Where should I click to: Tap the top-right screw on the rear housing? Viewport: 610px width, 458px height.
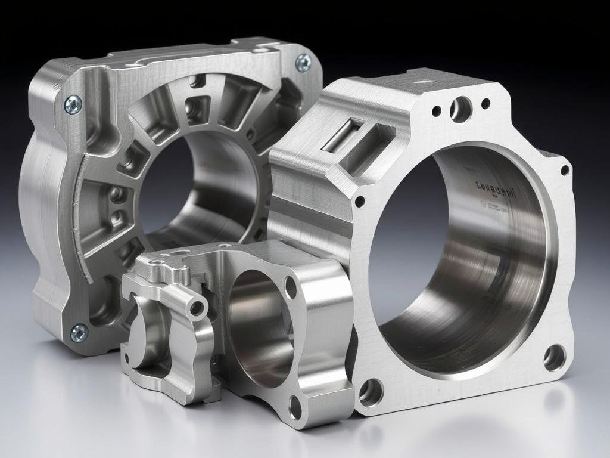pyautogui.click(x=303, y=62)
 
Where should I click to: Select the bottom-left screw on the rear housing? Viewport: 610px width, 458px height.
pyautogui.click(x=79, y=333)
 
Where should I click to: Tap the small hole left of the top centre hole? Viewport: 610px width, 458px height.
pyautogui.click(x=437, y=111)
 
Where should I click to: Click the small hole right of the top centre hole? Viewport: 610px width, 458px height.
pyautogui.click(x=485, y=104)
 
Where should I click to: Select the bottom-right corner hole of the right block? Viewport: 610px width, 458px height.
pyautogui.click(x=554, y=357)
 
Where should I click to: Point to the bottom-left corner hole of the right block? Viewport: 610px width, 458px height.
pyautogui.click(x=371, y=392)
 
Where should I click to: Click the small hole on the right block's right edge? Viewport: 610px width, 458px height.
pyautogui.click(x=565, y=171)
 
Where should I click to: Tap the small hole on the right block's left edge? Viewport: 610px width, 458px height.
pyautogui.click(x=359, y=202)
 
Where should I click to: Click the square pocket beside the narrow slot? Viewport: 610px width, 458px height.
pyautogui.click(x=371, y=144)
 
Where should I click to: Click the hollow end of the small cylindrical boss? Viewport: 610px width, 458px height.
pyautogui.click(x=197, y=308)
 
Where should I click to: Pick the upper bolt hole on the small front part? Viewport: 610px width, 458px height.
pyautogui.click(x=291, y=287)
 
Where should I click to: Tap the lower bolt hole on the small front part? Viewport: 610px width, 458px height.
pyautogui.click(x=295, y=407)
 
